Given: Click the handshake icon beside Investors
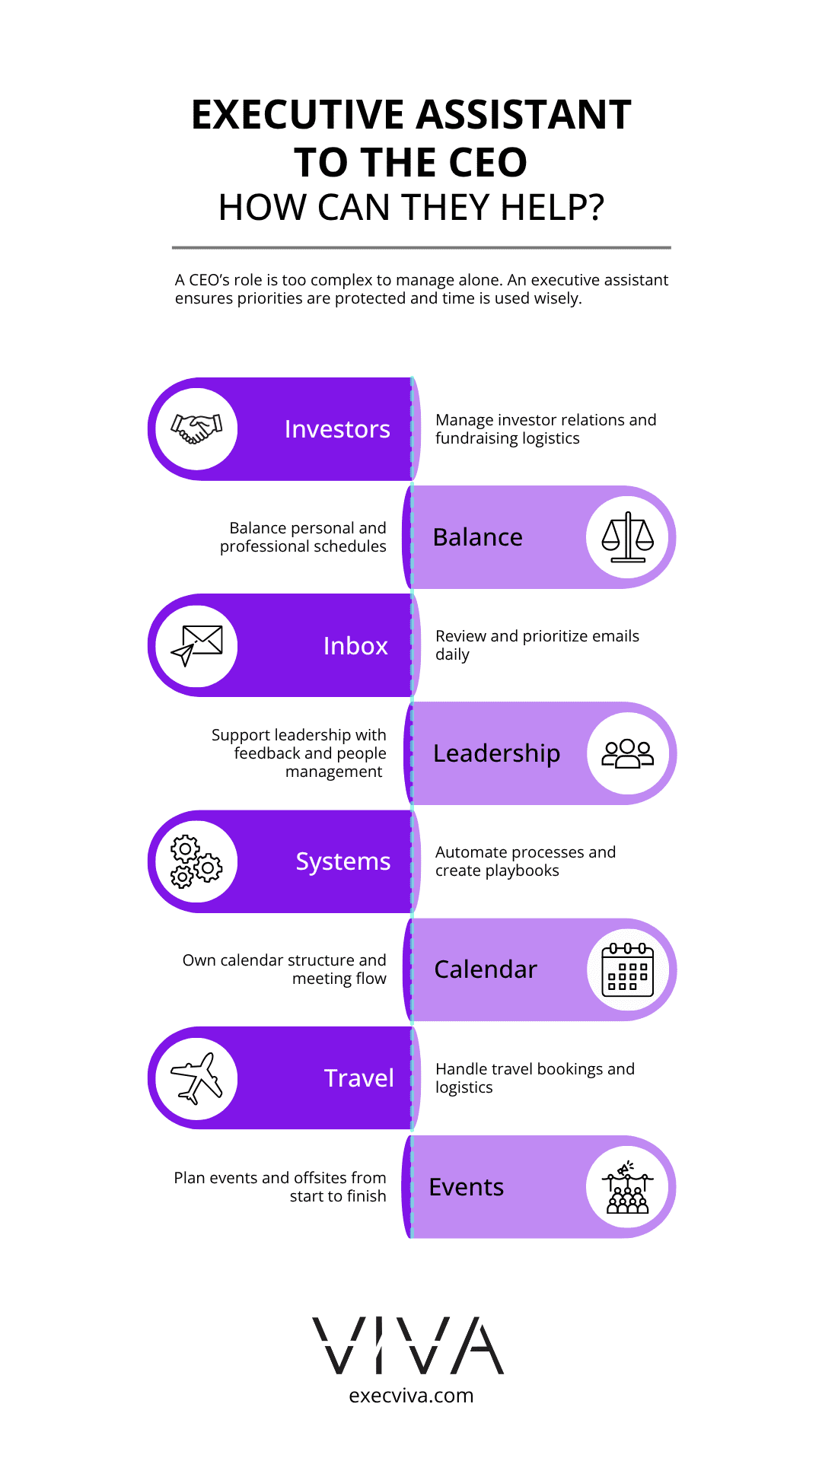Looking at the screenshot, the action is pyautogui.click(x=196, y=429).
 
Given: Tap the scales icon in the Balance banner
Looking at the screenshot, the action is pyautogui.click(x=628, y=537).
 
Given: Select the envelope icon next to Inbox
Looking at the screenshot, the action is pyautogui.click(x=196, y=645).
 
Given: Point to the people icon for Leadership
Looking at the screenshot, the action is pyautogui.click(x=628, y=753).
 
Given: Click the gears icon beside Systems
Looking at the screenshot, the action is pyautogui.click(x=196, y=862).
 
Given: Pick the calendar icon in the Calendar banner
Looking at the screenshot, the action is pyautogui.click(x=628, y=969).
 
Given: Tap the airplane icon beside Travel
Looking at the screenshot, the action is pyautogui.click(x=196, y=1078).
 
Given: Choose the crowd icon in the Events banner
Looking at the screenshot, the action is pyautogui.click(x=628, y=1187).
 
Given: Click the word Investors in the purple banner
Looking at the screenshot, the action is pyautogui.click(x=337, y=429).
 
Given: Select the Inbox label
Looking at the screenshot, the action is pyautogui.click(x=355, y=645).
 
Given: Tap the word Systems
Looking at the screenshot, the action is pyautogui.click(x=343, y=862).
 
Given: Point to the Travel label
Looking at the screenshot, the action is pyautogui.click(x=359, y=1078).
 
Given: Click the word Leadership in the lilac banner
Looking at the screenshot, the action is pyautogui.click(x=497, y=753).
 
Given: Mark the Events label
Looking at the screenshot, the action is pyautogui.click(x=467, y=1187).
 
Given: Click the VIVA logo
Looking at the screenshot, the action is pyautogui.click(x=409, y=1345).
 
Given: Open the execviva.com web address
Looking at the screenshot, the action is pyautogui.click(x=411, y=1396).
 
